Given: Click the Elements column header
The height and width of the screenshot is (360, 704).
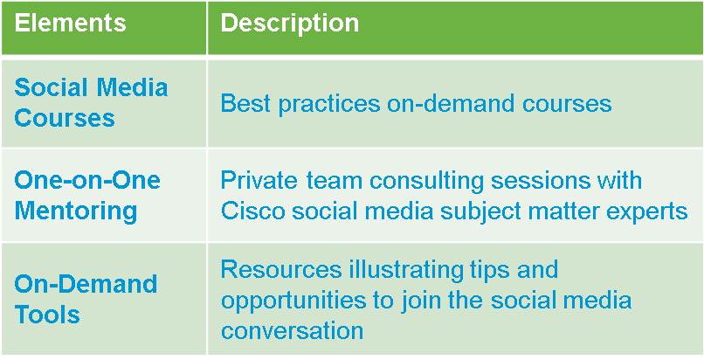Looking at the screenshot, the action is click(x=70, y=23).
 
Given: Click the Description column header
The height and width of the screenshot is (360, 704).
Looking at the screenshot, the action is click(x=290, y=23).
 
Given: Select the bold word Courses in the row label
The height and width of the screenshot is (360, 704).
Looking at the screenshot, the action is click(x=65, y=119).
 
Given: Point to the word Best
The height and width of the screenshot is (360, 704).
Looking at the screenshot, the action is click(x=245, y=104).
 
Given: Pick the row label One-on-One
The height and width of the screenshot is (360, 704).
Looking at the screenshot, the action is click(x=87, y=181).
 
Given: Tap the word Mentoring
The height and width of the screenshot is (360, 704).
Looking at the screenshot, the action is click(x=75, y=211).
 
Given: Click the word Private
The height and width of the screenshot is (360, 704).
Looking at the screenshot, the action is click(x=259, y=181).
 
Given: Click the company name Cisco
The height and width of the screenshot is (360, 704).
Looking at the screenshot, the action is click(x=253, y=211).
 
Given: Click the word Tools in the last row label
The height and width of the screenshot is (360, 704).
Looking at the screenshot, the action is click(x=47, y=314).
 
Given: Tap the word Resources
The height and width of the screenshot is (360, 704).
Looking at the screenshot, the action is click(x=280, y=269).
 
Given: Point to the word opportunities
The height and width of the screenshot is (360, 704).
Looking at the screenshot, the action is click(x=300, y=301).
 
